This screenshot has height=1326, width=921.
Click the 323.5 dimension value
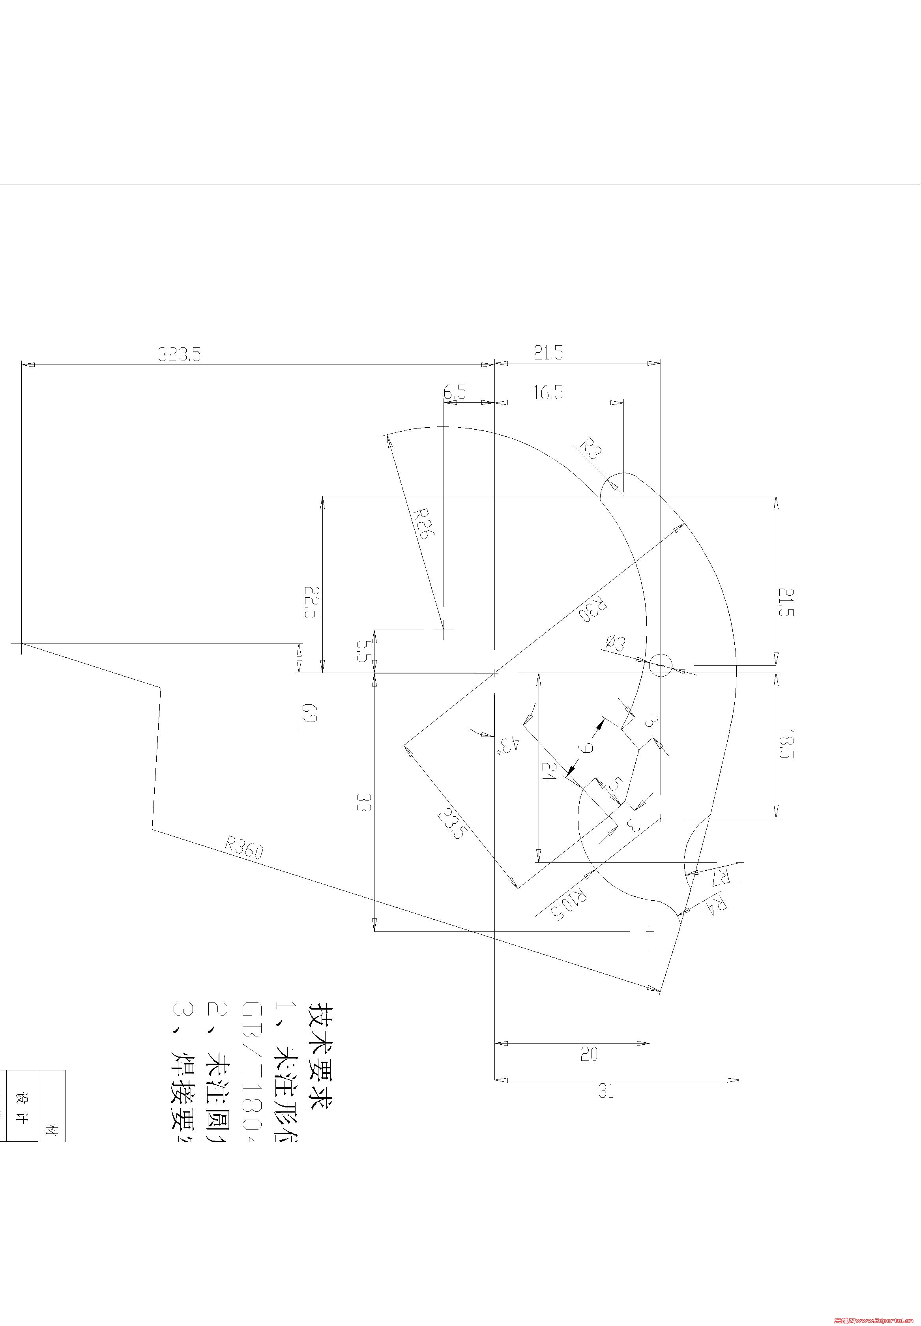click(x=180, y=354)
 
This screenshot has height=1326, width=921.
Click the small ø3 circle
click(x=660, y=665)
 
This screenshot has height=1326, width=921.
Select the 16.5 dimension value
click(x=548, y=393)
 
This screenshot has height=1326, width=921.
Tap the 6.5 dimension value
click(x=454, y=393)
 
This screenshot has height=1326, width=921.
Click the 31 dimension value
click(x=605, y=1091)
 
